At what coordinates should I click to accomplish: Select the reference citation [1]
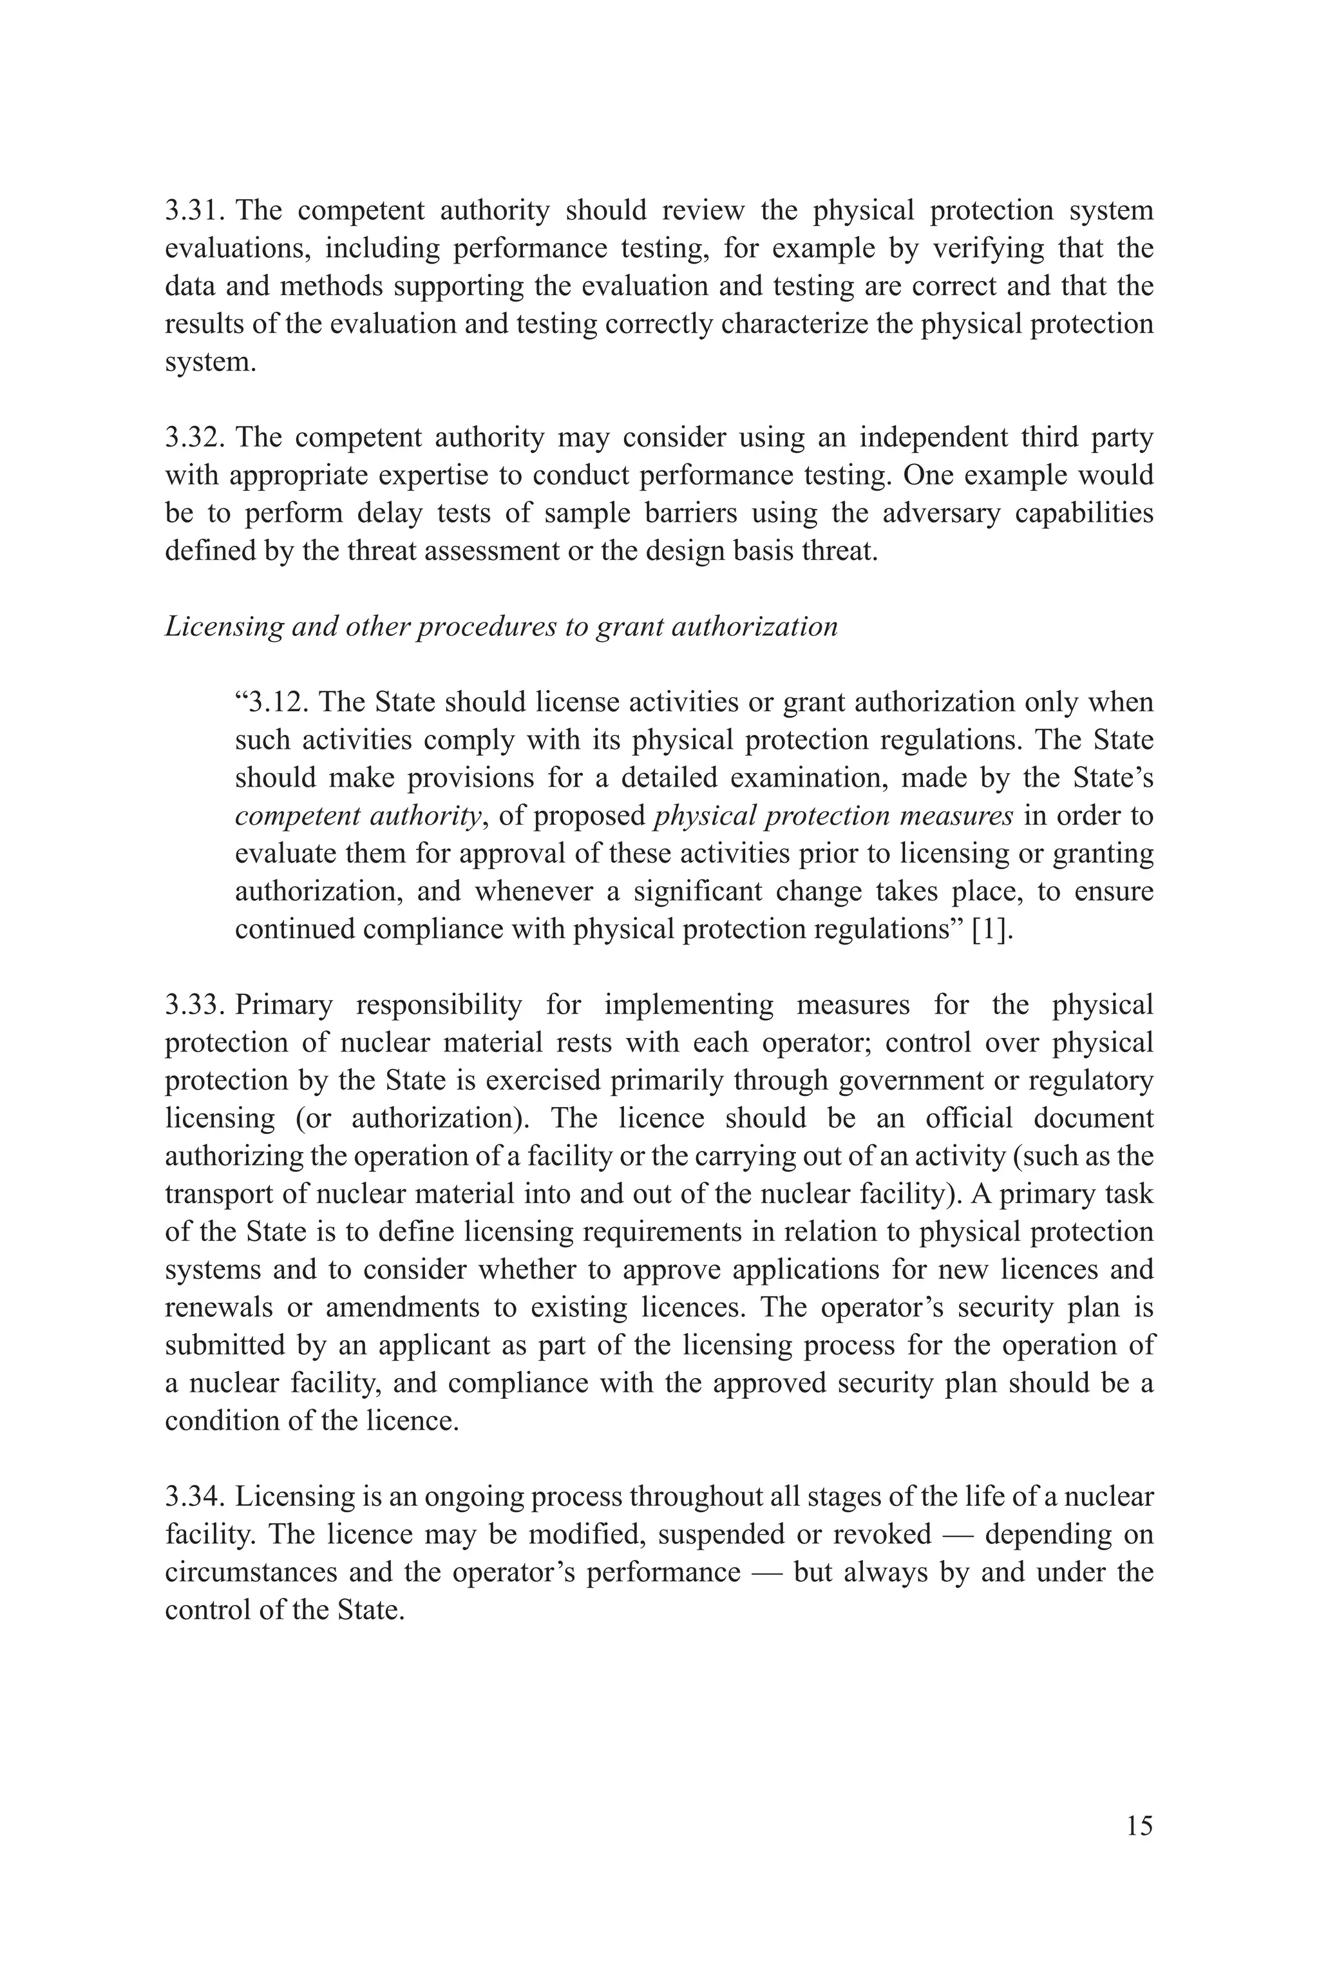992,930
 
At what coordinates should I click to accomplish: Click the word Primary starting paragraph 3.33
283,1004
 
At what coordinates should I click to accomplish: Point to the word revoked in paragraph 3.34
882,1535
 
